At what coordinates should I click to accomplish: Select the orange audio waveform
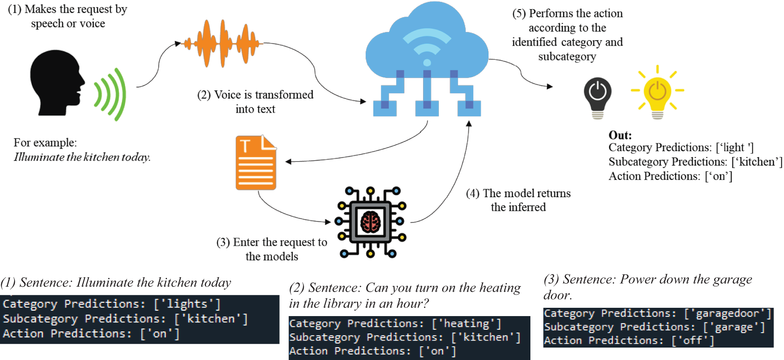point(223,43)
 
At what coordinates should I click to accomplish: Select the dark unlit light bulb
point(598,98)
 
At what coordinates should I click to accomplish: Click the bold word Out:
point(620,135)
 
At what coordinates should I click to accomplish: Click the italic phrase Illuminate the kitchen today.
point(82,157)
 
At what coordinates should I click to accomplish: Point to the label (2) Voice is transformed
point(255,95)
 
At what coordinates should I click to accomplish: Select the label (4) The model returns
point(518,193)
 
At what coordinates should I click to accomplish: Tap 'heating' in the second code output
point(467,324)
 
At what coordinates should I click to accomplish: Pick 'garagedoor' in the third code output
point(727,314)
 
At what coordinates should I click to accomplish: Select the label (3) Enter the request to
point(272,242)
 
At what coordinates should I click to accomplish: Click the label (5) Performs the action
point(567,14)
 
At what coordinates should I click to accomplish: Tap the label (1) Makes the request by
point(68,10)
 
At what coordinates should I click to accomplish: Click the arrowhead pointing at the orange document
point(288,162)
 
